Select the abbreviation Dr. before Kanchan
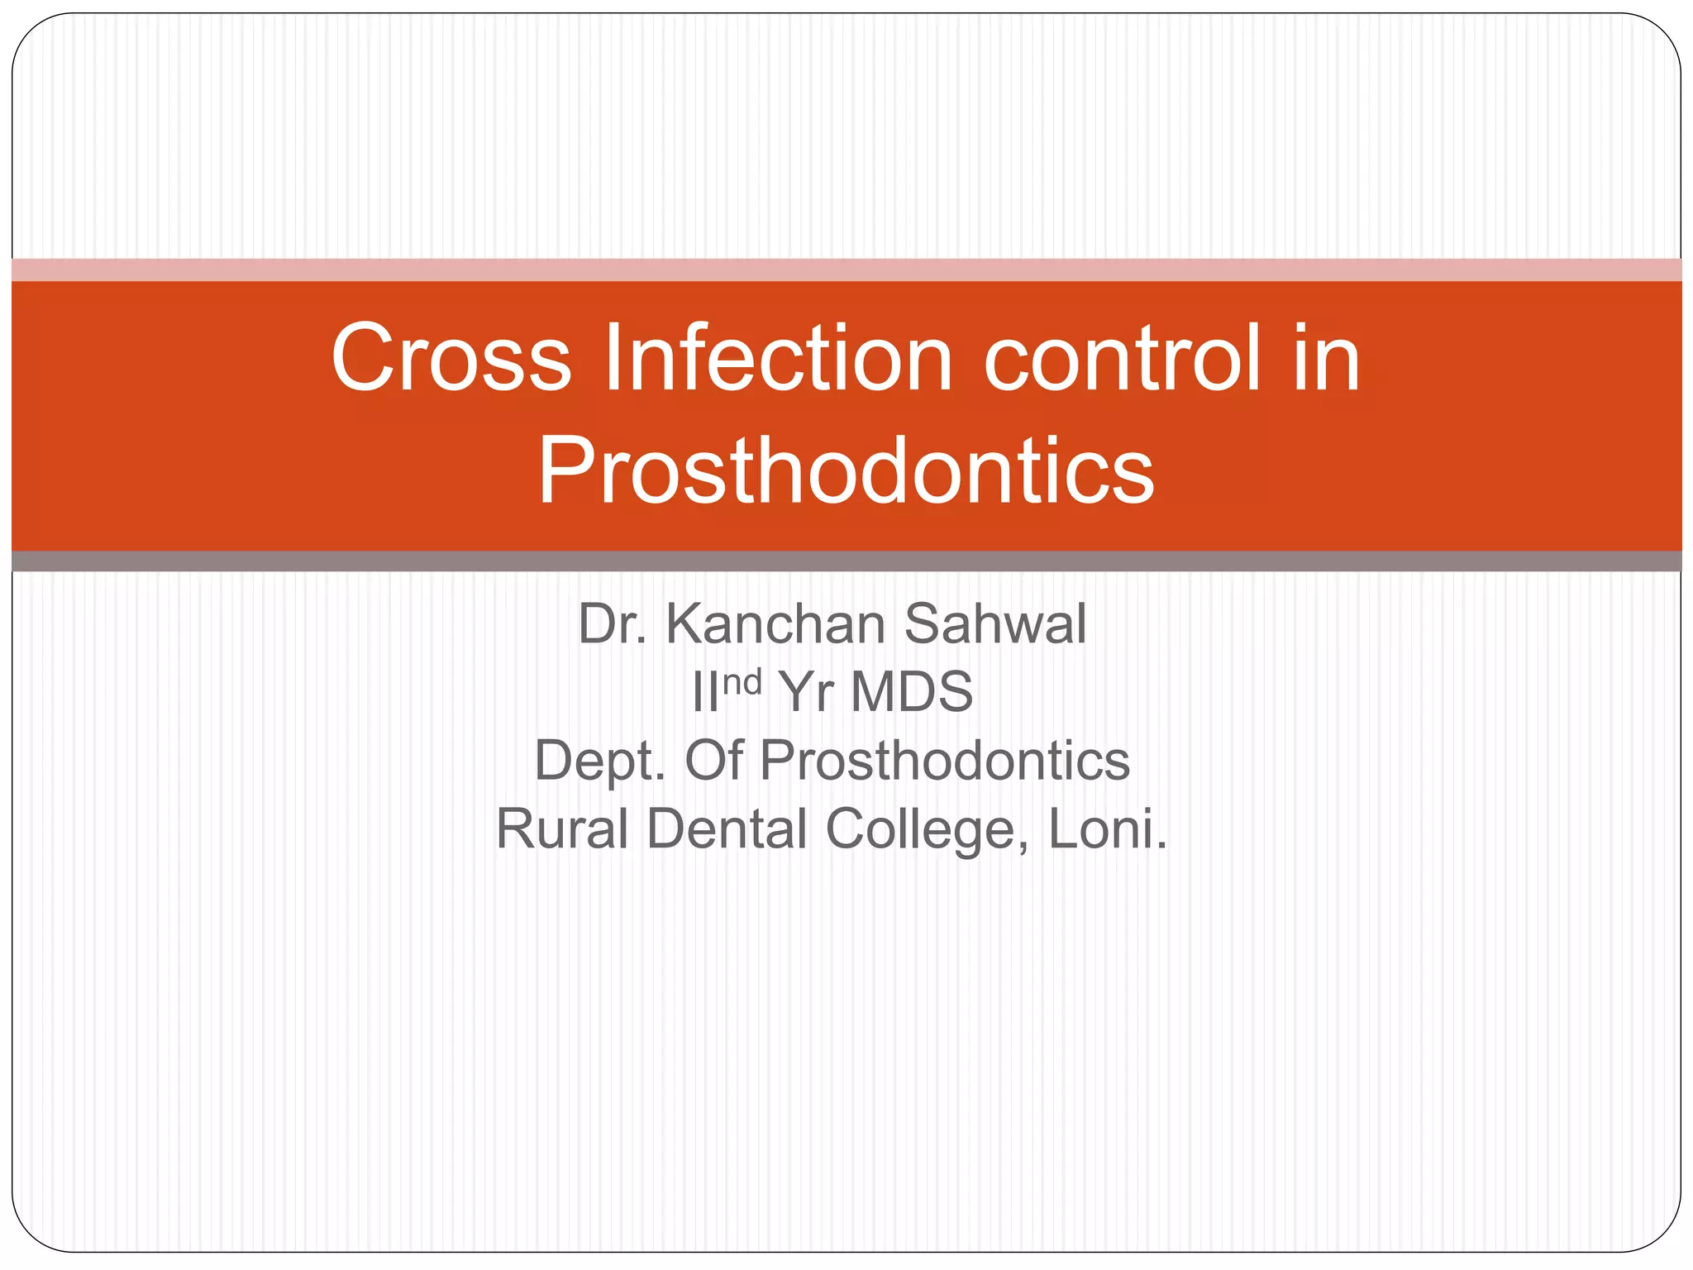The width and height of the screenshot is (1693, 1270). coord(612,624)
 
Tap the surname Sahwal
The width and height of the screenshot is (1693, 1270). coord(995,624)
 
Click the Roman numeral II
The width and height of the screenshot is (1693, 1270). coord(705,693)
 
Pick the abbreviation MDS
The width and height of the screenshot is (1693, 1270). coord(912,693)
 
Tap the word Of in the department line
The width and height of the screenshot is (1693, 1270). coord(713,761)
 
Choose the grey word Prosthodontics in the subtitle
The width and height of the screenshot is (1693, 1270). coord(944,761)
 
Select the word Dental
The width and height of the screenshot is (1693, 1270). coord(727,829)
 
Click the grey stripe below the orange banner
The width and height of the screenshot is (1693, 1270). coord(846,561)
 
